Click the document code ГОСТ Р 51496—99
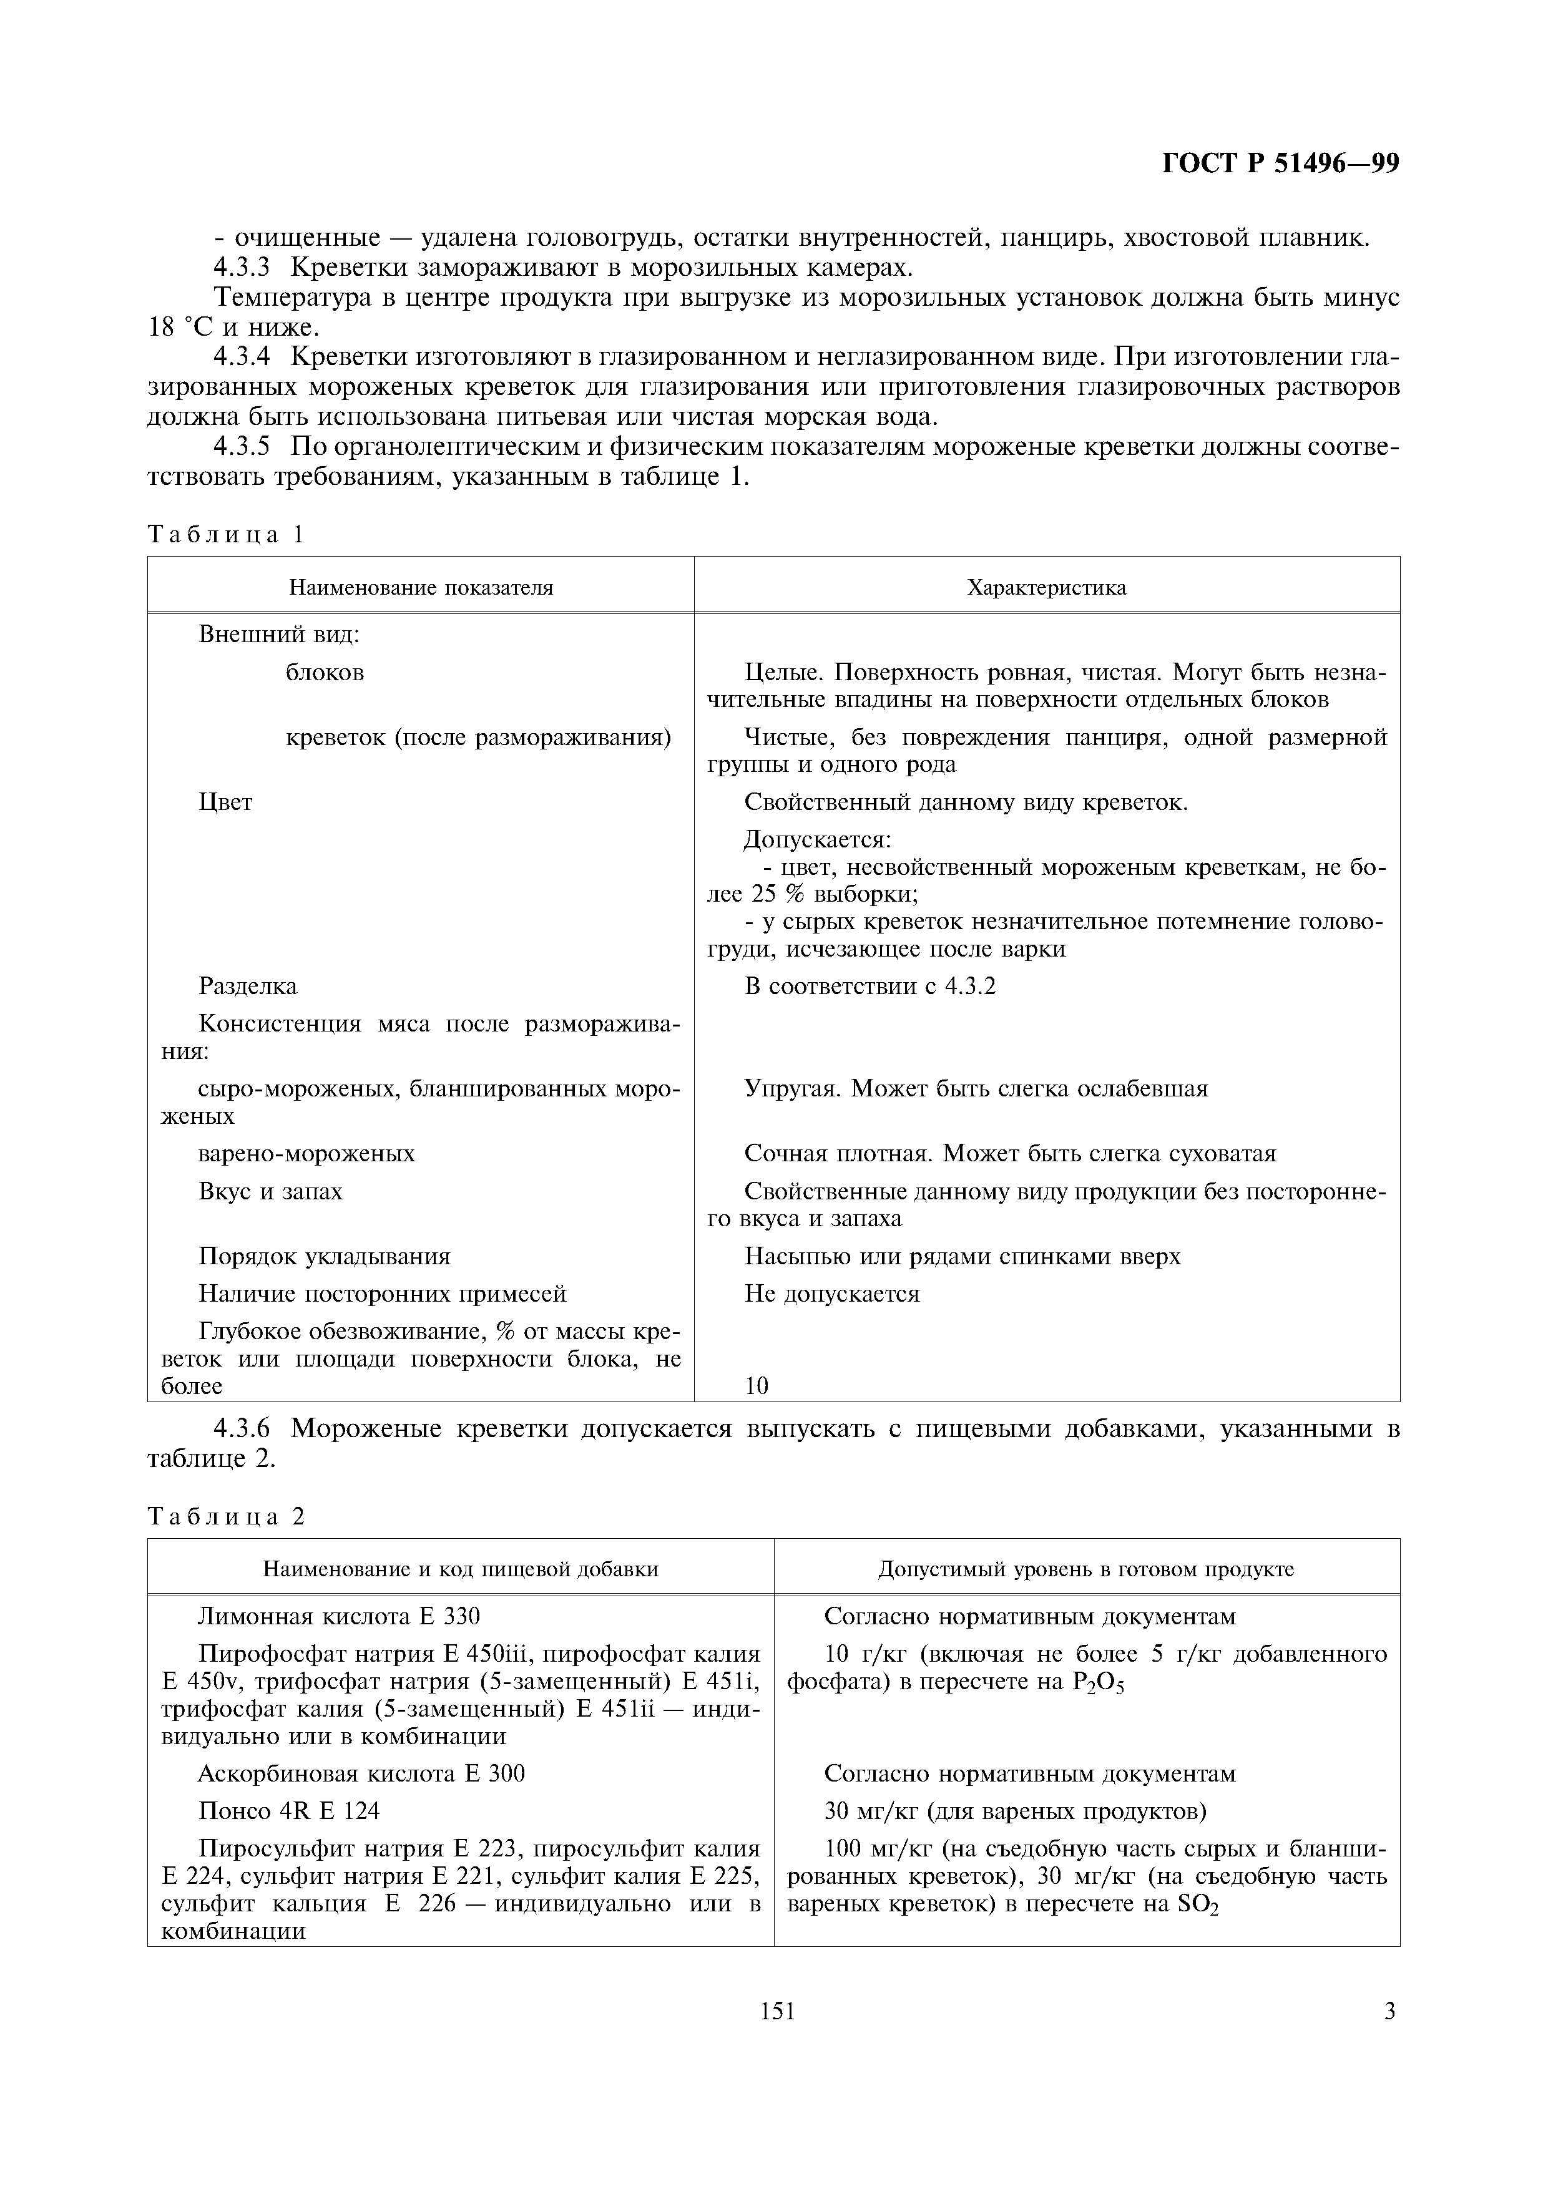(x=1280, y=165)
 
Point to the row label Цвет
(x=225, y=802)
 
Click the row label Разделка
(x=247, y=986)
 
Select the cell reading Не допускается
(x=831, y=1294)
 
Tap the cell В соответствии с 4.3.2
(x=869, y=986)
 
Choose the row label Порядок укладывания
(x=325, y=1257)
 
